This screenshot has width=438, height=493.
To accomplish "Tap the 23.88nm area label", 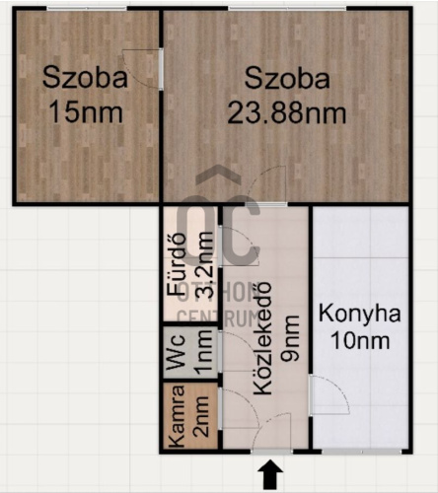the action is [286, 113].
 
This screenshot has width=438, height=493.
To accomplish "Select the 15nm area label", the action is [86, 112].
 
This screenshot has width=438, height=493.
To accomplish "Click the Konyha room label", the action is [360, 314].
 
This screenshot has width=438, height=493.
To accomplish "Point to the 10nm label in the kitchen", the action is [360, 340].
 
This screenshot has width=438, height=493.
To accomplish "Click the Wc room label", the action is [175, 352].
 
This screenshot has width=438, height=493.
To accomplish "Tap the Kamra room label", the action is [175, 416].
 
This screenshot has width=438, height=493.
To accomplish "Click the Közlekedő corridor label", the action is [262, 338].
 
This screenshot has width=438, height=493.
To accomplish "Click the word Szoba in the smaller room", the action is [85, 78].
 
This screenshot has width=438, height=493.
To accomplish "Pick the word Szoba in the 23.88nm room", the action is [287, 78].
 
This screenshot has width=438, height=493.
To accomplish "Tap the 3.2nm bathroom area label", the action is [204, 264].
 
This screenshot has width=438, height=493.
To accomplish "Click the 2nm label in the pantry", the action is [200, 417].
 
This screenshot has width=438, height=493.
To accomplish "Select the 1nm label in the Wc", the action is [203, 352].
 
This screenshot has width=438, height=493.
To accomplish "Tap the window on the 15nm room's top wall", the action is [86, 9].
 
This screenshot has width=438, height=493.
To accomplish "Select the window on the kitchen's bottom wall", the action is [362, 452].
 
